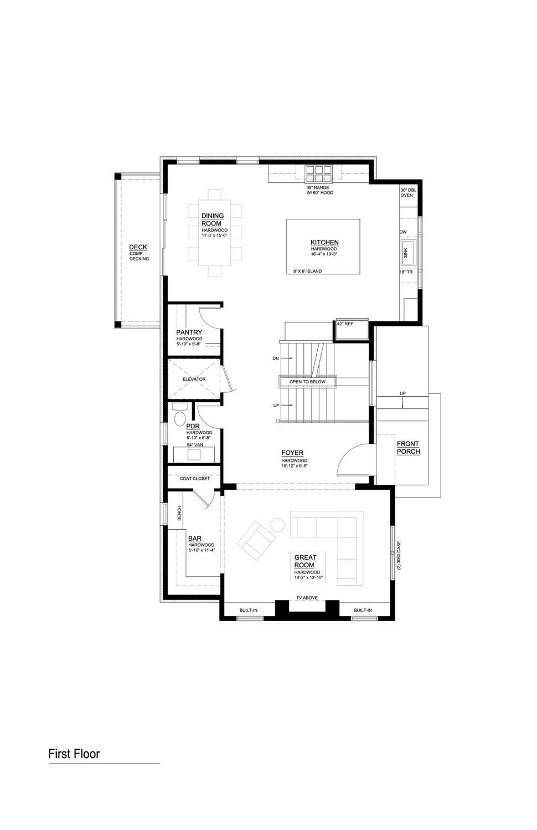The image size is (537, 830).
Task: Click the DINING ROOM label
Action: [213, 219]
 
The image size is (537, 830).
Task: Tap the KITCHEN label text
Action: [324, 242]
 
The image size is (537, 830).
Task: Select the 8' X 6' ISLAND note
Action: [307, 271]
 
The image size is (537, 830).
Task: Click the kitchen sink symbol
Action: [409, 252]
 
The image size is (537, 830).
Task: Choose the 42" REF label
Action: [345, 324]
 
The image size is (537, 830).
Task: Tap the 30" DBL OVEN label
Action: [407, 192]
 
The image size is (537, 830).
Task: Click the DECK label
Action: [138, 247]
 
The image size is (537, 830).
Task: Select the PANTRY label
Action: [189, 332]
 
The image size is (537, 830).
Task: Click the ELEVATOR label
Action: [194, 380]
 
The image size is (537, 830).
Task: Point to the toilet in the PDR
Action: [180, 418]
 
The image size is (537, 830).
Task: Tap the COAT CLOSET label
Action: [195, 478]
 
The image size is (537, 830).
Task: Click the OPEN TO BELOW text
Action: [308, 382]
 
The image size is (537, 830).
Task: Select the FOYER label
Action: [292, 453]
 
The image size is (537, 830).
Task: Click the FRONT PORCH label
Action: [408, 448]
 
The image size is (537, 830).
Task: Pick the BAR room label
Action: [194, 538]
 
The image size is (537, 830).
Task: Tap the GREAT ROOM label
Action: [306, 561]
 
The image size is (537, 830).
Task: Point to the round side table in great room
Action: [277, 524]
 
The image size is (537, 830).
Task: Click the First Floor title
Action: [74, 754]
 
